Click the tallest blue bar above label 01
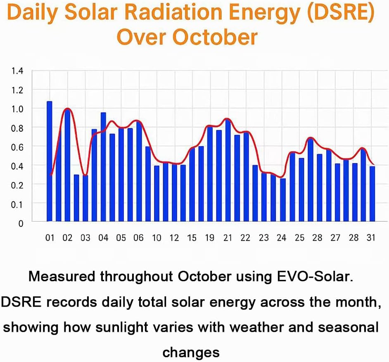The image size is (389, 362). pos(50,161)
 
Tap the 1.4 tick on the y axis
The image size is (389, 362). pos(17,71)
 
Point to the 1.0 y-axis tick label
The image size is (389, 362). pos(17,109)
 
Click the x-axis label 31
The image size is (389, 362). pos(370,238)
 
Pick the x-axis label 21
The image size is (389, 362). pos(228,238)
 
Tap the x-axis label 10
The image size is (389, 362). pos(157,238)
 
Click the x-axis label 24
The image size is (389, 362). pos(281,238)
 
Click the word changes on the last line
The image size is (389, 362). pos(191,352)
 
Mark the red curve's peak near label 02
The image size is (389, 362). pos(67,109)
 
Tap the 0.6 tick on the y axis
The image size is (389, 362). pos(17,147)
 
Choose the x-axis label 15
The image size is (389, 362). pos(192,238)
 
